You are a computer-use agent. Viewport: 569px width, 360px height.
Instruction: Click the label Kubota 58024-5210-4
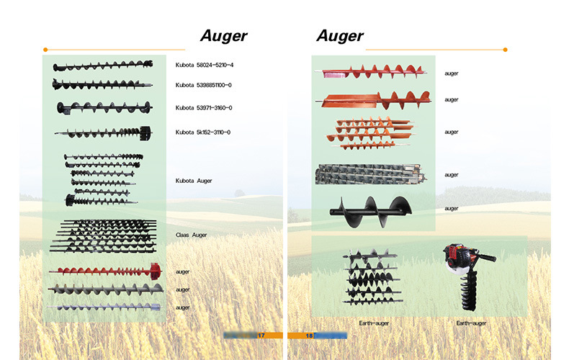click(205, 66)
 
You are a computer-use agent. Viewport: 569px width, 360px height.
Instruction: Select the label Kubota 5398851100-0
click(204, 85)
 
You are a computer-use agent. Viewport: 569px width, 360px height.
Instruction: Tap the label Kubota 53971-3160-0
click(204, 108)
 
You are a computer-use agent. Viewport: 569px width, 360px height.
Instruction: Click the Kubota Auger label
click(194, 181)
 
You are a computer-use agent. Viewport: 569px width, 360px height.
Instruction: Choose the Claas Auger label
click(191, 235)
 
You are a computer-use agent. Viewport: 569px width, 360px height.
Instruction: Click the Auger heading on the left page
click(224, 35)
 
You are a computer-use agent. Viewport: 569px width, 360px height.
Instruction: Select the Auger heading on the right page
click(339, 35)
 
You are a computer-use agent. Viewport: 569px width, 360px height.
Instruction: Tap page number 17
click(261, 336)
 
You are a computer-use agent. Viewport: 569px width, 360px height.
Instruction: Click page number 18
click(309, 336)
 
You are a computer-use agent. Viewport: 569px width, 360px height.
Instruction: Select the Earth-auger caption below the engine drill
click(471, 323)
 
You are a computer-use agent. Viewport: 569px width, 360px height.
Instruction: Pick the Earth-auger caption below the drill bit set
click(373, 323)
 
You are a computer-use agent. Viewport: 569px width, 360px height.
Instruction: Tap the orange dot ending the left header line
click(45, 50)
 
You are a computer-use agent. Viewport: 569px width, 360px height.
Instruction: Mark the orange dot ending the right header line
click(505, 50)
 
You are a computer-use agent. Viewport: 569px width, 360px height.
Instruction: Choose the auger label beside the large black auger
click(452, 209)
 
